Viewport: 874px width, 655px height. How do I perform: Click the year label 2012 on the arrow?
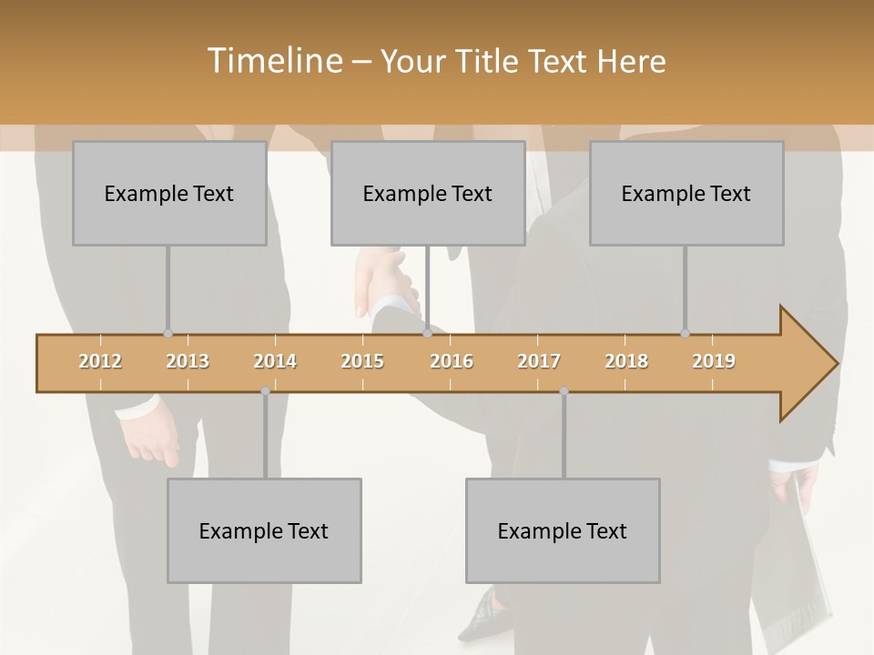100,361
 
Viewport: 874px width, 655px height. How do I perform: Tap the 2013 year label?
188,361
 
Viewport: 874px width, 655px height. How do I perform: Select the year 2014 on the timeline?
275,361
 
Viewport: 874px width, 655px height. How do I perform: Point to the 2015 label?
362,361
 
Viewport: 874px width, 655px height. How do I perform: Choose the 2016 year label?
452,361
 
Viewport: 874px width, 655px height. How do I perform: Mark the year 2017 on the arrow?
539,361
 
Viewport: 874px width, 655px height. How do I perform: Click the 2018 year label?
626,361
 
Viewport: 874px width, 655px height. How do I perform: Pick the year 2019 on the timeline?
714,361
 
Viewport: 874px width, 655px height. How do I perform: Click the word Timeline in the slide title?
274,61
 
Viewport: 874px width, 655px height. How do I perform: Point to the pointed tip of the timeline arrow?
835,364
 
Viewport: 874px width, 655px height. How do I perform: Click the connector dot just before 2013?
168,334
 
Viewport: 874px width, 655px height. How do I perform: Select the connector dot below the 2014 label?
265,391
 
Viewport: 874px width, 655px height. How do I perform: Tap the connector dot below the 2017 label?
564,391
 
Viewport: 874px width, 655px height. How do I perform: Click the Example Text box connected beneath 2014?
264,530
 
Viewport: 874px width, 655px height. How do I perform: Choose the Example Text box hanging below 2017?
563,530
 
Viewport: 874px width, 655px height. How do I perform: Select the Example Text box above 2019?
686,193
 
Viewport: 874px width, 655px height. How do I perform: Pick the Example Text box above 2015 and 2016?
428,193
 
